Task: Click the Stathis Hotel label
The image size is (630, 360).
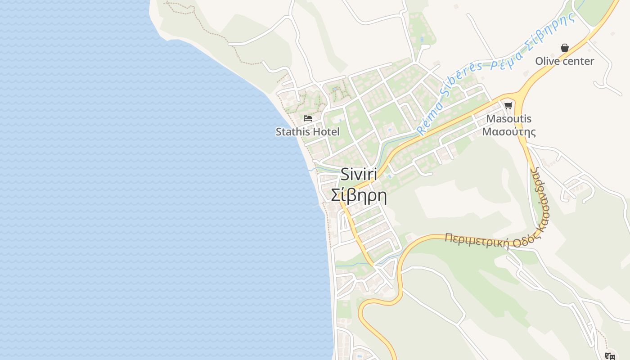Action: (307, 132)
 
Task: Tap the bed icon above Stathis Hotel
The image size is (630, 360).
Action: (308, 118)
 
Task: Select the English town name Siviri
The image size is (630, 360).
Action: (359, 174)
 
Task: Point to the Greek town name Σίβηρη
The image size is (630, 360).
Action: (359, 195)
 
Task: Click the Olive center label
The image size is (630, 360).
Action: (564, 61)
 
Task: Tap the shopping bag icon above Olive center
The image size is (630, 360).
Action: (564, 48)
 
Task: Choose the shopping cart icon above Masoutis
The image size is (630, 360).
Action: (508, 106)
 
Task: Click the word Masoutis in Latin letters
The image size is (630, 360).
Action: (508, 119)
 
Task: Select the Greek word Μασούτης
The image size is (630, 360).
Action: (508, 132)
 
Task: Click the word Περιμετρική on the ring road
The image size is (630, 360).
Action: (477, 241)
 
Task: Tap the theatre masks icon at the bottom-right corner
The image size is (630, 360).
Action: (610, 356)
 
